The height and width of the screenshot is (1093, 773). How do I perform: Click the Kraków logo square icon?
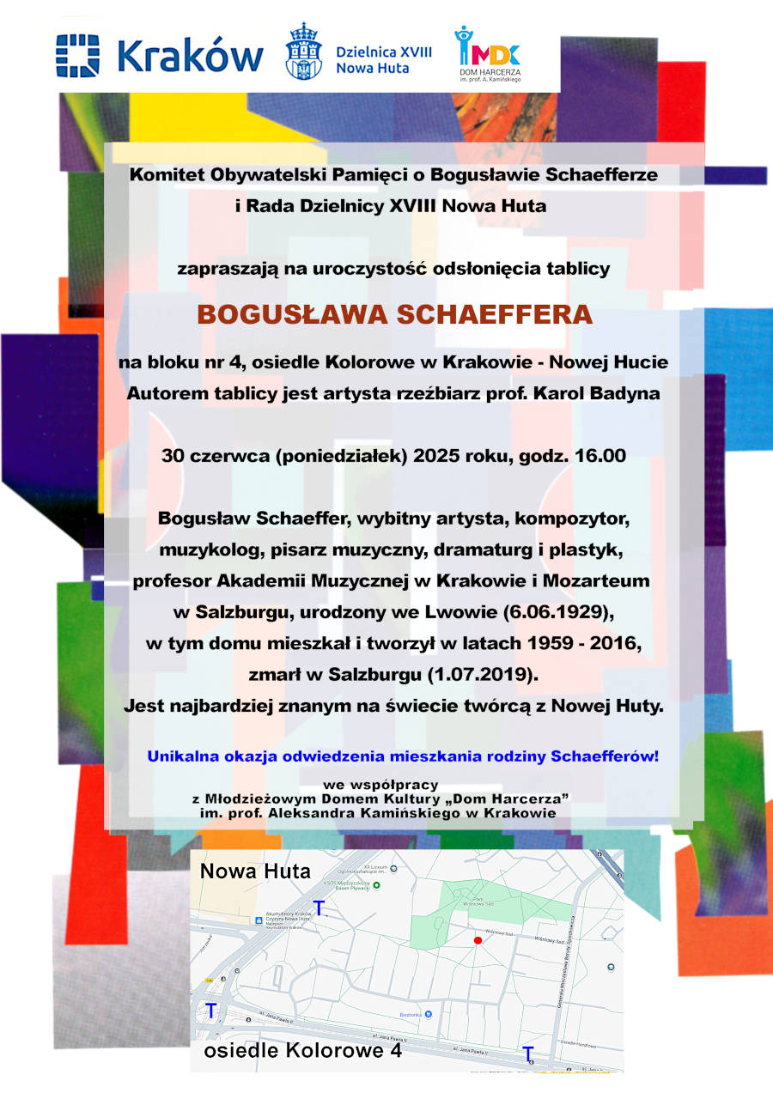tap(78, 54)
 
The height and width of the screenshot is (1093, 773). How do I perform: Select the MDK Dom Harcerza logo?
tap(487, 54)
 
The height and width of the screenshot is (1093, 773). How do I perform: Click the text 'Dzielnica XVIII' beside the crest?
tap(384, 52)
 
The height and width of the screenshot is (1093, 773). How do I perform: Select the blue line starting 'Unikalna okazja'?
tap(403, 756)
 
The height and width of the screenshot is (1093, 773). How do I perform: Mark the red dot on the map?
tap(478, 941)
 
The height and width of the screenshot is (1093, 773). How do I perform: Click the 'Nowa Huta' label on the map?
tap(255, 871)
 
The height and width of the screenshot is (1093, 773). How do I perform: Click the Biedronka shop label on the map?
tap(416, 1014)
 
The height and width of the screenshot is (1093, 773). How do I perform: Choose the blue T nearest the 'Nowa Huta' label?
tap(320, 908)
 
